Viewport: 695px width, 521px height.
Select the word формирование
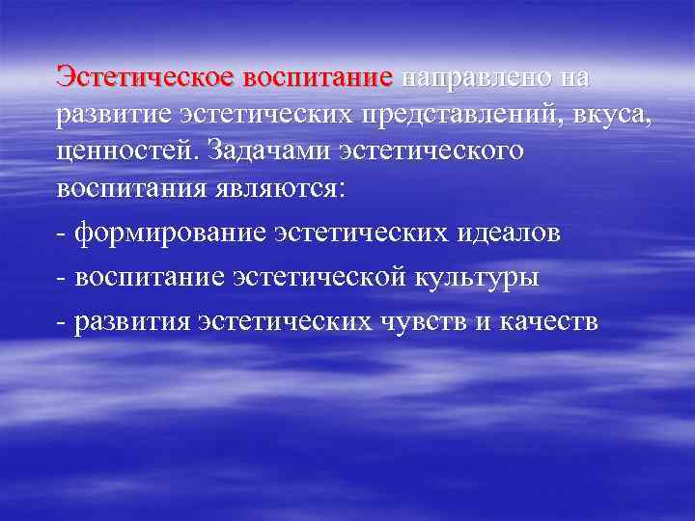tap(170, 234)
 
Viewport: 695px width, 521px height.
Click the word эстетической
tap(322, 277)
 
